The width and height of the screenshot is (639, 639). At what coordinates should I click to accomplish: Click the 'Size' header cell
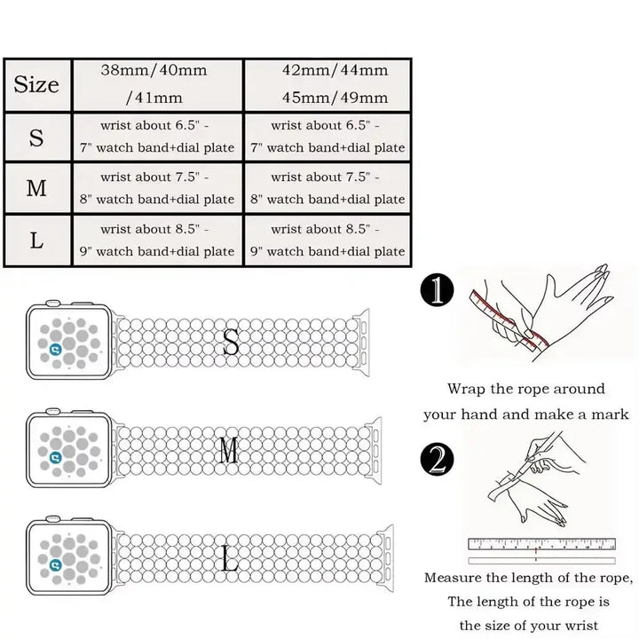[36, 85]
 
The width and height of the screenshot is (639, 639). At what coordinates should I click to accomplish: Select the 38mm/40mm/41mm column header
[154, 84]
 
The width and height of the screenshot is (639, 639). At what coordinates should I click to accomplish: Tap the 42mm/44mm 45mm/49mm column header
[327, 84]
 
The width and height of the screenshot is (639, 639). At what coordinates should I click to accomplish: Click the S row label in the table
[36, 138]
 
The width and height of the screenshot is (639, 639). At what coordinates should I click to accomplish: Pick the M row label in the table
[36, 188]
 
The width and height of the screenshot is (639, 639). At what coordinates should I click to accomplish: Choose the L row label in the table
[36, 240]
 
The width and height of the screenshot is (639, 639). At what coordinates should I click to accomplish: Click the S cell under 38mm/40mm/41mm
[154, 137]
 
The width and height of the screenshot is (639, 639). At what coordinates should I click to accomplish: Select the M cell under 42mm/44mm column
[327, 188]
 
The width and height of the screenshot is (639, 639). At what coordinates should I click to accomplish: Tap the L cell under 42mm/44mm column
[327, 240]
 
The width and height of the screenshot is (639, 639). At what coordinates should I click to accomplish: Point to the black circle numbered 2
[437, 461]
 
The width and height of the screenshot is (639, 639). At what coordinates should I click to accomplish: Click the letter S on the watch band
[231, 343]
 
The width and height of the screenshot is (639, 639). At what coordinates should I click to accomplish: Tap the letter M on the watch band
[229, 452]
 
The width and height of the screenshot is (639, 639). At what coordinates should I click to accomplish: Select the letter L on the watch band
[230, 560]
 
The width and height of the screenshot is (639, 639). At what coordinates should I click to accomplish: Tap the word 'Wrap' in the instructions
[466, 389]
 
